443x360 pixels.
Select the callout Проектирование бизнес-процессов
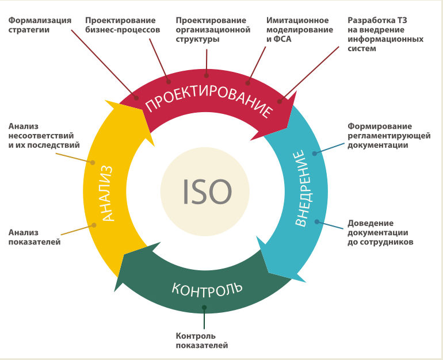pyautogui.click(x=123, y=25)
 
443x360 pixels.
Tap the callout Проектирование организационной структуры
pyautogui.click(x=213, y=30)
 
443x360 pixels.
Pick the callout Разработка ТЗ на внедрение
pyautogui.click(x=385, y=35)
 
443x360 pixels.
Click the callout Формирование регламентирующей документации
pyautogui.click(x=382, y=136)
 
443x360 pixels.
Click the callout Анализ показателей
pyautogui.click(x=35, y=237)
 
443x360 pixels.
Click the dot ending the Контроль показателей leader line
pyautogui.click(x=204, y=307)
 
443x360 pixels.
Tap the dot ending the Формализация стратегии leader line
pyautogui.click(x=136, y=98)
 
